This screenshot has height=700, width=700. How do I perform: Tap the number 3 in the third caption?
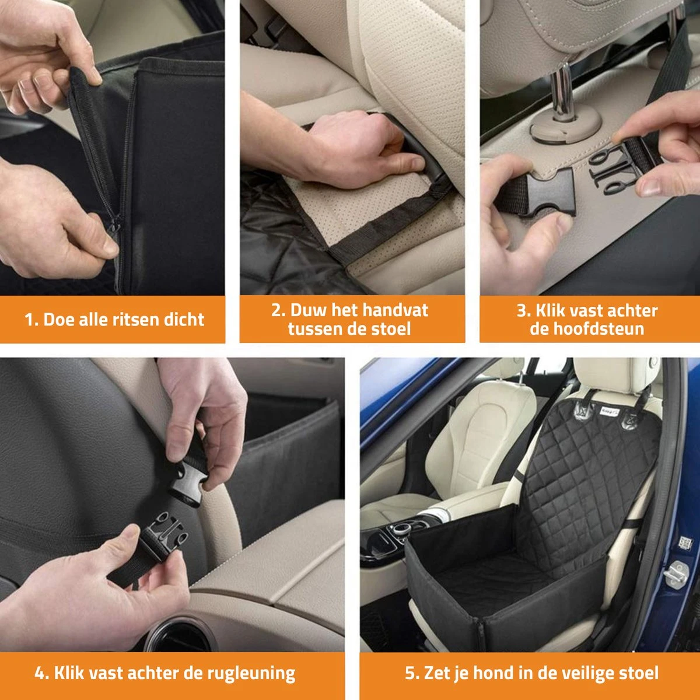pos(521,311)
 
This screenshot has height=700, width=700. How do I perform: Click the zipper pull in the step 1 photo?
pos(116,223)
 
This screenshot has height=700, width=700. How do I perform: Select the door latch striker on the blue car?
pos(675,573)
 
